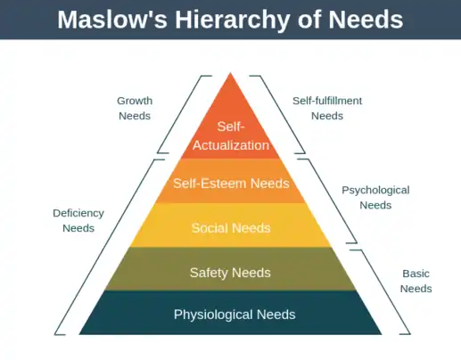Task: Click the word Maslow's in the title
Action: pos(112,20)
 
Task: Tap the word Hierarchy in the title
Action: pos(232,20)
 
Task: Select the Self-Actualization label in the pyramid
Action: pos(231,135)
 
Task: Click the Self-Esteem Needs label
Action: pos(231,184)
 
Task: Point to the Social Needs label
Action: pos(231,228)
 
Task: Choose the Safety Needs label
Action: pos(230,273)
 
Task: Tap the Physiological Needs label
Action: pos(235,315)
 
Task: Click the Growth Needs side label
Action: pos(135,108)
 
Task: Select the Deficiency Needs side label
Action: pos(78,220)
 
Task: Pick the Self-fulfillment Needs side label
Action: pos(327,108)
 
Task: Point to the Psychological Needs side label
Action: pos(375,198)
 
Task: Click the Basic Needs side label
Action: pos(416,281)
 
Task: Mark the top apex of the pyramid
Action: pos(230,73)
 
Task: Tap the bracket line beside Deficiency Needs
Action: pos(110,247)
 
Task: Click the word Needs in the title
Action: pos(366,20)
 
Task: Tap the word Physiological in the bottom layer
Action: pos(213,315)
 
